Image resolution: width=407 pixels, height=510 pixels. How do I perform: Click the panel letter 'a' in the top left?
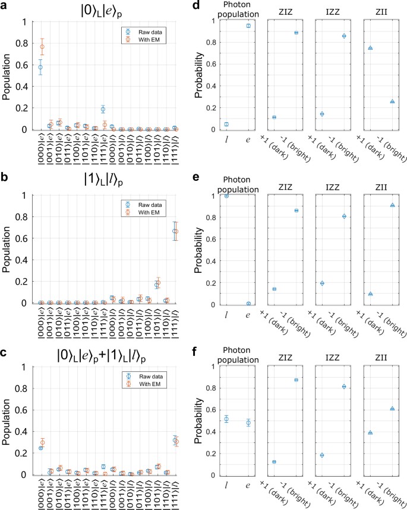click(5, 6)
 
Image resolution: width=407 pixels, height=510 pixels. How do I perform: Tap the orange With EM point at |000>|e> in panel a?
click(42, 46)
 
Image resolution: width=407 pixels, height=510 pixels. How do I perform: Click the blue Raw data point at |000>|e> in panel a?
click(40, 67)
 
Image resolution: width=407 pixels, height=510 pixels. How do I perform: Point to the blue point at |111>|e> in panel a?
click(103, 109)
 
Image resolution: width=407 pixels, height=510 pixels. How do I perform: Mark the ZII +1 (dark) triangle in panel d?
click(370, 48)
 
